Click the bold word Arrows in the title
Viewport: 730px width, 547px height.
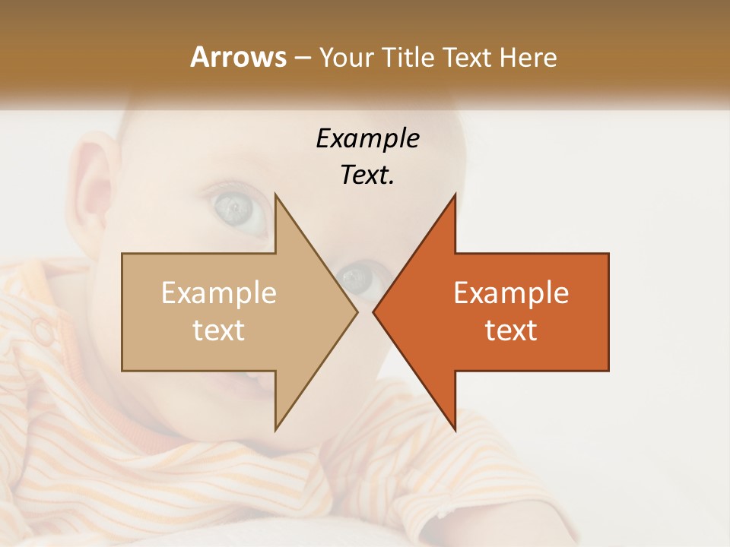(238, 57)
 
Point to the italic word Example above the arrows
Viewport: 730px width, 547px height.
(367, 138)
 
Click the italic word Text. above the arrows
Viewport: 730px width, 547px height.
(367, 175)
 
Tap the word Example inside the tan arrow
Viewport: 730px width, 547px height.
(219, 293)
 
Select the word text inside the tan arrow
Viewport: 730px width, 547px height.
(219, 330)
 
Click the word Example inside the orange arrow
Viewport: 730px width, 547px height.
(511, 293)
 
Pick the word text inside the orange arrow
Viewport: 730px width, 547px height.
(511, 330)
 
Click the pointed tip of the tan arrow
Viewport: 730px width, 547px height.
(357, 311)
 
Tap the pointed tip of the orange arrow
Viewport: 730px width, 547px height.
(373, 311)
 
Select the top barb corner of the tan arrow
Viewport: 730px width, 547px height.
(275, 194)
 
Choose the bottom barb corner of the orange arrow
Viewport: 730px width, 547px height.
(455, 431)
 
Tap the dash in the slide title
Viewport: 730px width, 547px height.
(302, 58)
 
